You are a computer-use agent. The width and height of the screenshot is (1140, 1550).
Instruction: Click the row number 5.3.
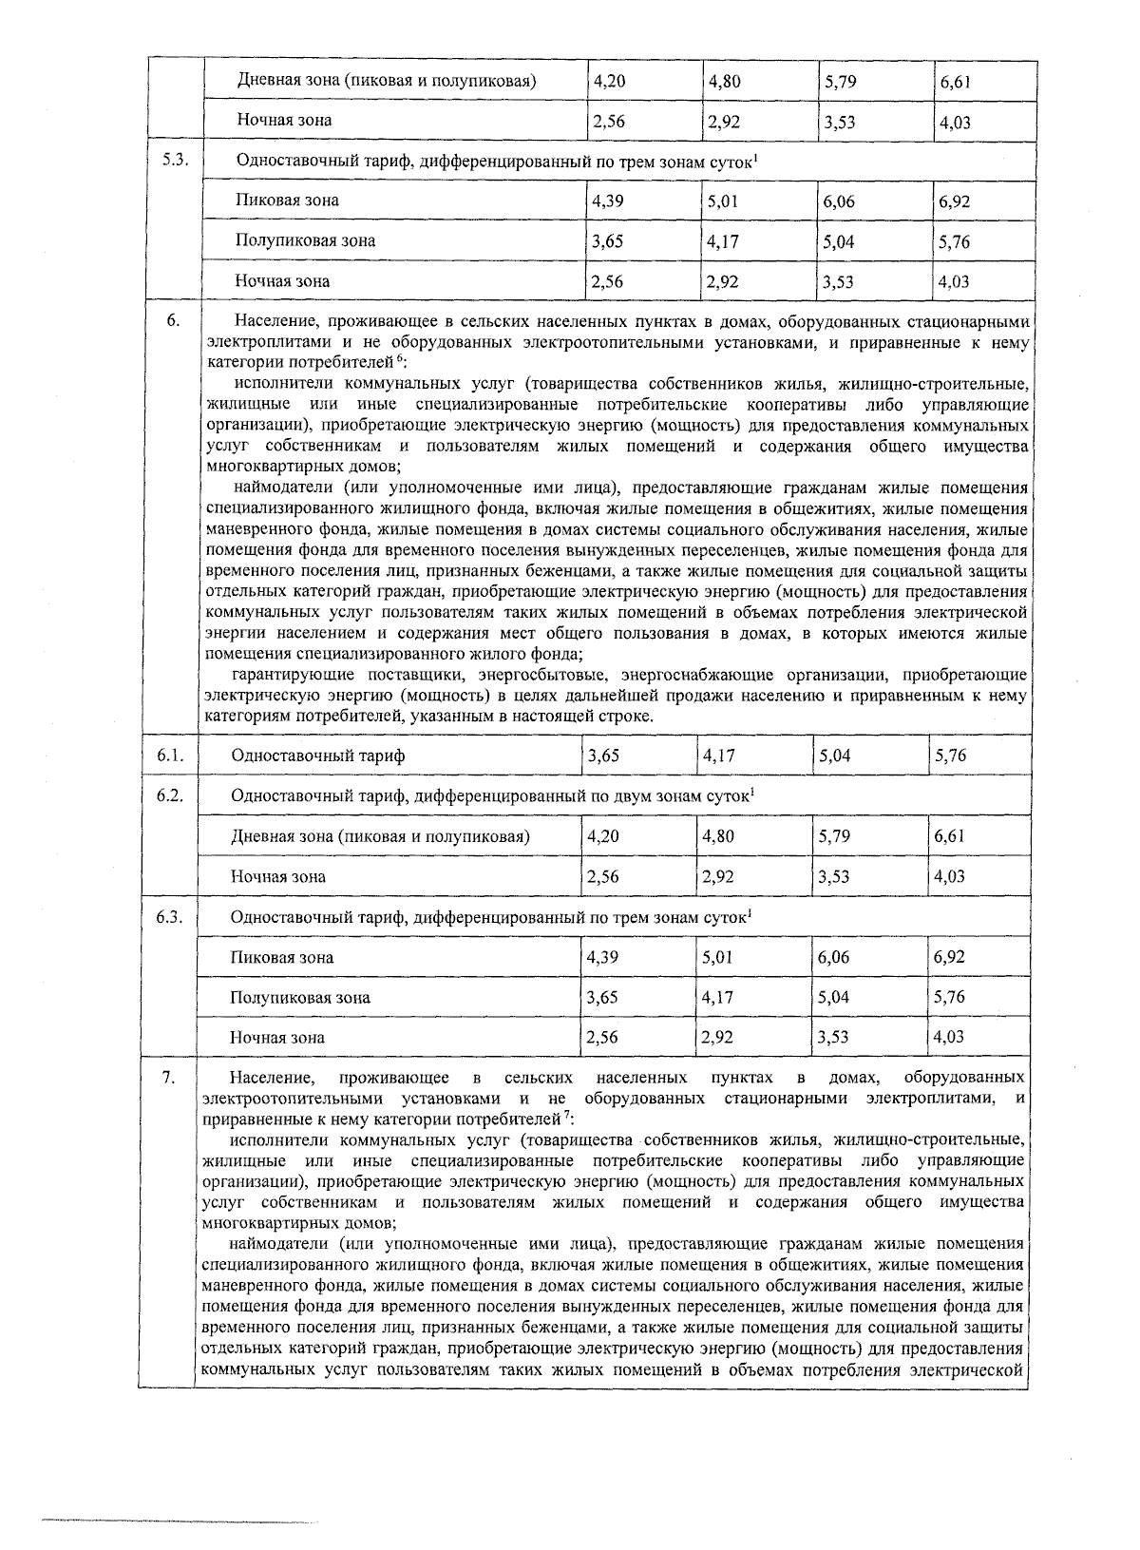(x=174, y=161)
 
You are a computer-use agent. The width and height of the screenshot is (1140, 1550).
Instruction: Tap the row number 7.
(x=168, y=1077)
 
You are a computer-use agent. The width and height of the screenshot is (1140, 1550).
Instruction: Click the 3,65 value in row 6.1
(x=604, y=756)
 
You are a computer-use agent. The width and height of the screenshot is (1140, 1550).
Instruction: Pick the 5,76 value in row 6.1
(x=950, y=756)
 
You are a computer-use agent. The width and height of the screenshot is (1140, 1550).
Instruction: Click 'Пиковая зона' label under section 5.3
(x=287, y=201)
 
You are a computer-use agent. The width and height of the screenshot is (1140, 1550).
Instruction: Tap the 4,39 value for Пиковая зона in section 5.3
(x=607, y=201)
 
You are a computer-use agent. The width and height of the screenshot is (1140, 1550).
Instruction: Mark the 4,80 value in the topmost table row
(x=724, y=82)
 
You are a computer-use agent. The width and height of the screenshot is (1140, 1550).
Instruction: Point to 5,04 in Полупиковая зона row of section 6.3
(x=835, y=997)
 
